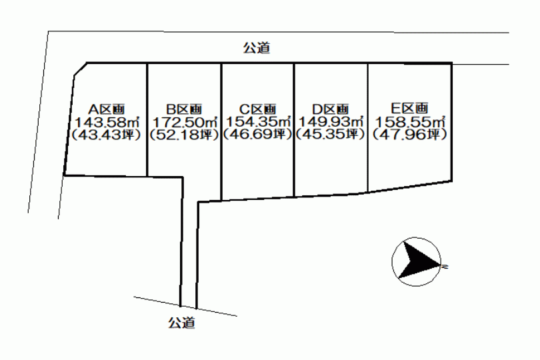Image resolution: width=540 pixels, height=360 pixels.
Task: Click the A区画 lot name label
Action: click(x=107, y=109)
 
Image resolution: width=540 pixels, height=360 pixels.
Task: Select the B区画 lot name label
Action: click(x=184, y=109)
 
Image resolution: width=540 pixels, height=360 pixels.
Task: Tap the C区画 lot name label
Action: click(x=257, y=109)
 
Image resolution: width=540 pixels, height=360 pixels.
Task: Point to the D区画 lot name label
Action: click(x=330, y=109)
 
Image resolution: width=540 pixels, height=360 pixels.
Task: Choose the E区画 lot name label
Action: click(x=409, y=109)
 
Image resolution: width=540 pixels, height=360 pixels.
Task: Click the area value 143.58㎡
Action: click(x=107, y=122)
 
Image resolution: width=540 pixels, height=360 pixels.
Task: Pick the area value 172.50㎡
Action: click(x=185, y=122)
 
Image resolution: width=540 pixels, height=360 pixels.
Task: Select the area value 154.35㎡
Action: click(x=258, y=121)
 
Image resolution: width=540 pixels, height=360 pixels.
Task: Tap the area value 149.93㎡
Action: click(x=331, y=121)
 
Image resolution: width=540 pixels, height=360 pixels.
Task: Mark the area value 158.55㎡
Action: click(x=410, y=122)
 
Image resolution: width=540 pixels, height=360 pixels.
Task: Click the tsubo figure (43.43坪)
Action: click(x=106, y=135)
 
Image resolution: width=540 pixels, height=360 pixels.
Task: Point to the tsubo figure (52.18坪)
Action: click(x=184, y=135)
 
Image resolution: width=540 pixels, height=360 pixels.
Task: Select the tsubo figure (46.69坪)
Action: click(x=257, y=134)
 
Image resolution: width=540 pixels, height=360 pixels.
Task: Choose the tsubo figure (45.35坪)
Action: click(x=330, y=134)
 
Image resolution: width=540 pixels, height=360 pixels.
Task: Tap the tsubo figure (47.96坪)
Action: click(x=410, y=134)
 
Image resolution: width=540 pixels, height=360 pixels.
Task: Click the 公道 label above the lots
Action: click(x=257, y=48)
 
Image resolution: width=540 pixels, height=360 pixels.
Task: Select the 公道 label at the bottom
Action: click(x=181, y=323)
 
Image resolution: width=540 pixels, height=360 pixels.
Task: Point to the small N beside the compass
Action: click(x=444, y=266)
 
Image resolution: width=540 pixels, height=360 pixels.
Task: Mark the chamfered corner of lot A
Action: click(x=80, y=69)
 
